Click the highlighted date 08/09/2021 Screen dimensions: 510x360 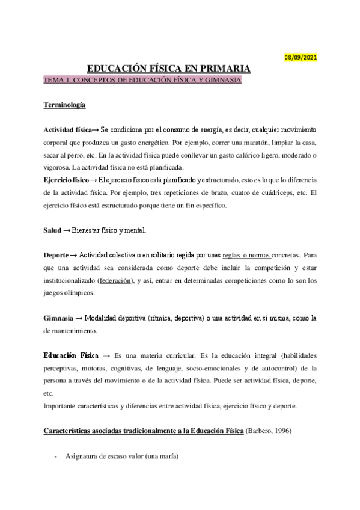[x=301, y=58]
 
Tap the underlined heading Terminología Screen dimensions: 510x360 [x=64, y=105]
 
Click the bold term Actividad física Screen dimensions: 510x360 [x=67, y=130]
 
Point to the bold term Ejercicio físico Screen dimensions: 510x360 [x=66, y=180]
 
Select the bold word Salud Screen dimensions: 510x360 [x=52, y=230]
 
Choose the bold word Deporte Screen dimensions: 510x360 [x=56, y=256]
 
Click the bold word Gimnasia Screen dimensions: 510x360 [x=58, y=318]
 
